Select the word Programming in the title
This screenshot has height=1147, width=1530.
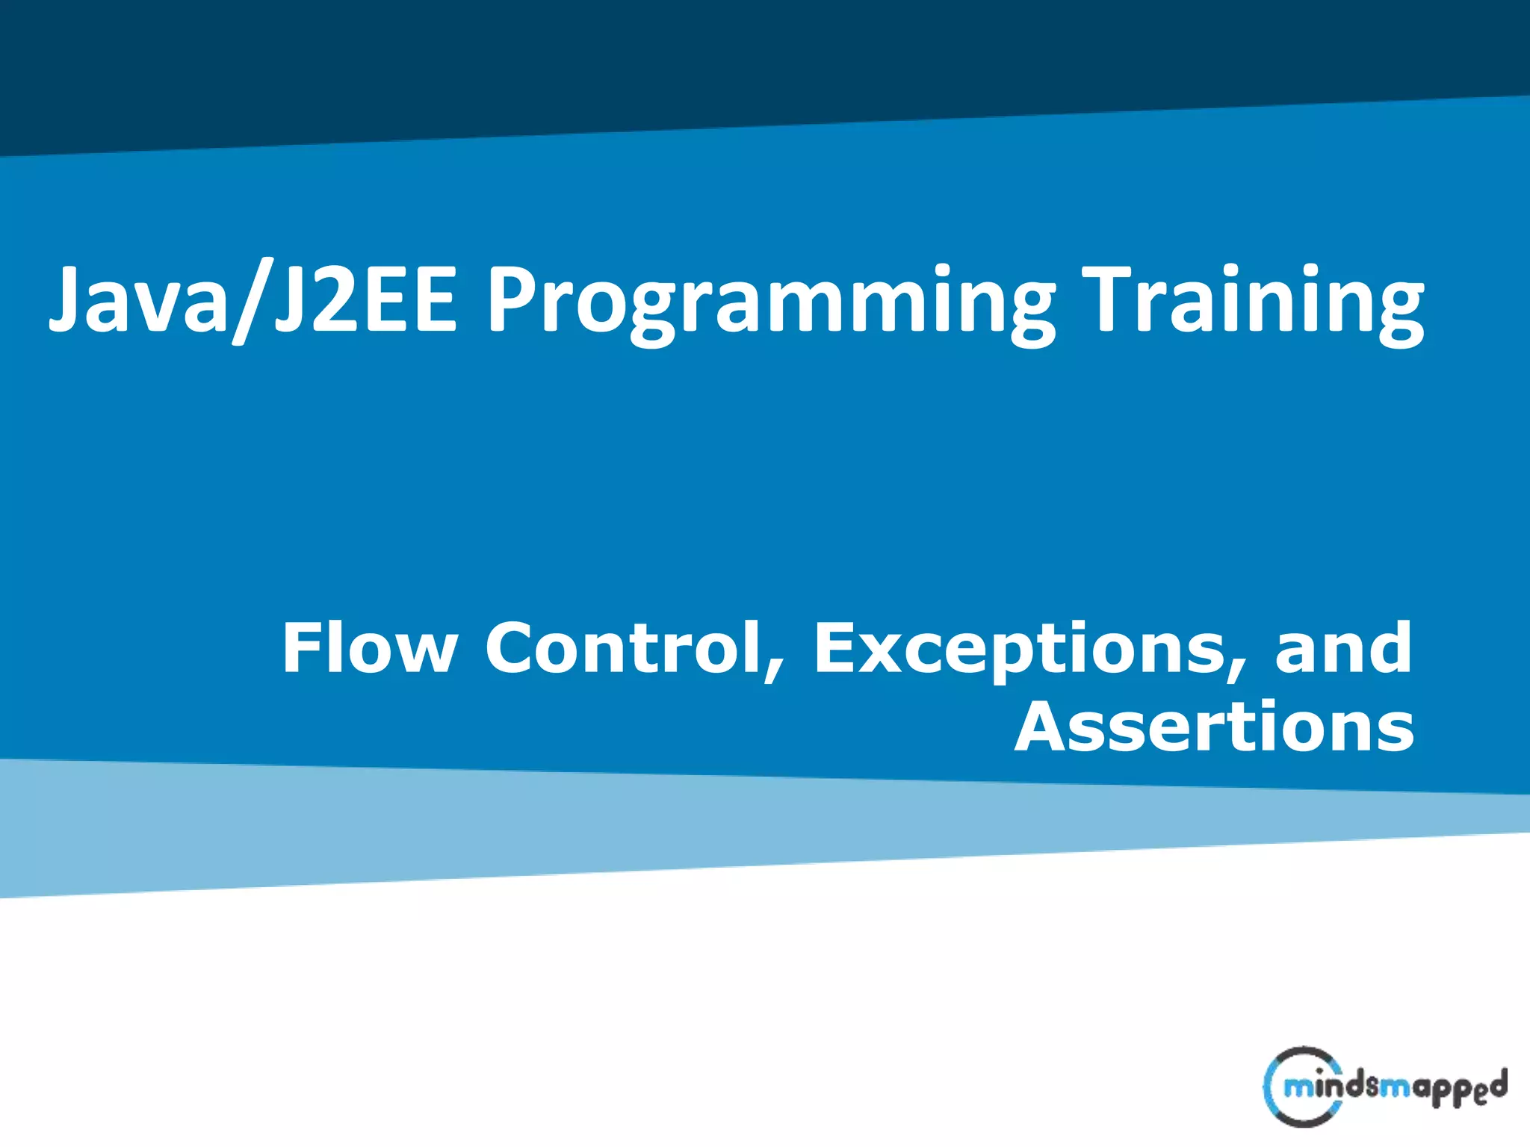(x=769, y=302)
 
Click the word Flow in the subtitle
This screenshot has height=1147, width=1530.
(x=369, y=648)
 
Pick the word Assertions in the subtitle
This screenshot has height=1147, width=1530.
(x=1214, y=727)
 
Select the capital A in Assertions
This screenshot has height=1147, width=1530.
(x=1046, y=727)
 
